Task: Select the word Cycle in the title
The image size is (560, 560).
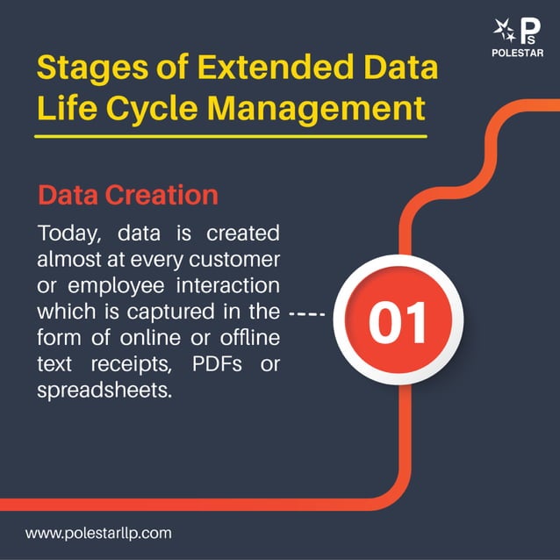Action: (153, 110)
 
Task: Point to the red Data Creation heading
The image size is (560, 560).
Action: (127, 194)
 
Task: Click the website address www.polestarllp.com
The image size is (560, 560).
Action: (98, 532)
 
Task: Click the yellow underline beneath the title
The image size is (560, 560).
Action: (231, 136)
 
